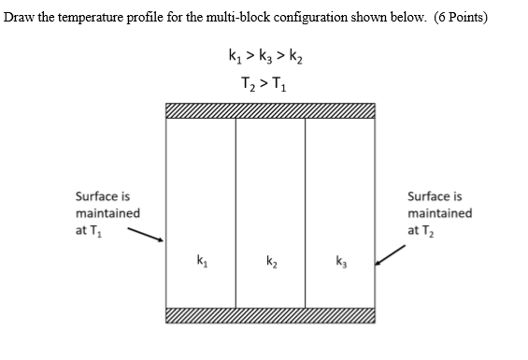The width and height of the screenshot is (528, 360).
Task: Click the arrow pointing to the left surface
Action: [145, 234]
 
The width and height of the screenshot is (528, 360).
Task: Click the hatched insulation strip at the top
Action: [270, 112]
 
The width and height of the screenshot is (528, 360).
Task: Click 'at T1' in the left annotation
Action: [89, 231]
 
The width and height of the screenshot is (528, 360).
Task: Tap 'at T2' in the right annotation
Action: [421, 230]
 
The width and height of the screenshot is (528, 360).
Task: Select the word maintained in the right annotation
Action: [439, 213]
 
